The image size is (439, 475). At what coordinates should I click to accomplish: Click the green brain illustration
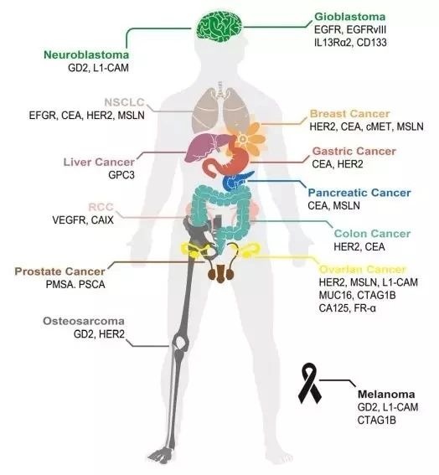pyautogui.click(x=219, y=27)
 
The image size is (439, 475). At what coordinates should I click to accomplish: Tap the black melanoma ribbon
pyautogui.click(x=310, y=384)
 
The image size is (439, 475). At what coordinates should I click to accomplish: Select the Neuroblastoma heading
pyautogui.click(x=86, y=54)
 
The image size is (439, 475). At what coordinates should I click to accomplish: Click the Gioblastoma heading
pyautogui.click(x=350, y=17)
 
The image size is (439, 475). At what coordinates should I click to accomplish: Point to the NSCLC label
pyautogui.click(x=124, y=102)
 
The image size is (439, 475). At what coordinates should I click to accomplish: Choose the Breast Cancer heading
pyautogui.click(x=350, y=114)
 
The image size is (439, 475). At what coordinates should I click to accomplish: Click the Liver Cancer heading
pyautogui.click(x=99, y=162)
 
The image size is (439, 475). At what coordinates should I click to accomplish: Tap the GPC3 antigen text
pyautogui.click(x=121, y=175)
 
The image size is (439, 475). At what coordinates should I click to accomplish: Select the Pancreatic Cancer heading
pyautogui.click(x=359, y=193)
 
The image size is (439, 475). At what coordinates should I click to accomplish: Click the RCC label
pyautogui.click(x=101, y=207)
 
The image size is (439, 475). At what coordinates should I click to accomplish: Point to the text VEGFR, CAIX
pyautogui.click(x=83, y=220)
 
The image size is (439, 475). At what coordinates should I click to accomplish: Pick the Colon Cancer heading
pyautogui.click(x=372, y=234)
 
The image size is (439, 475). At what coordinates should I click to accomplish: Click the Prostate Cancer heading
pyautogui.click(x=60, y=271)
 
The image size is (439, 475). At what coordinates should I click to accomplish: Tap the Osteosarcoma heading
pyautogui.click(x=84, y=321)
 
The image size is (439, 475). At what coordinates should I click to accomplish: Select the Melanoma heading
pyautogui.click(x=386, y=394)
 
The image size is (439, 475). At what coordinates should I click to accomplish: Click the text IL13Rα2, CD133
pyautogui.click(x=350, y=43)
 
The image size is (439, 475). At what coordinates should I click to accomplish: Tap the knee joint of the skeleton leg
pyautogui.click(x=180, y=343)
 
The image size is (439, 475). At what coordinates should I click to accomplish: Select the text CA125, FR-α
pyautogui.click(x=347, y=308)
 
